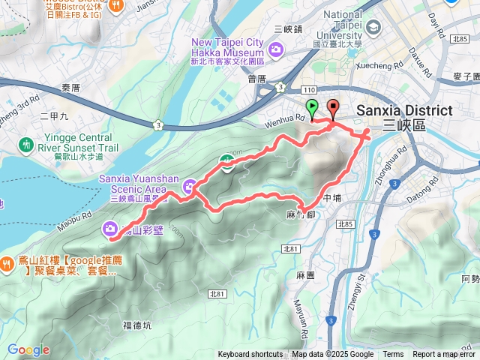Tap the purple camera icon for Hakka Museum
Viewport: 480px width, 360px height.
(x=277, y=50)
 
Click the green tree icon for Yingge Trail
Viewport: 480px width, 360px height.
(x=28, y=144)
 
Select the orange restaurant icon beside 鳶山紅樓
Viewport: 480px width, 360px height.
(x=6, y=263)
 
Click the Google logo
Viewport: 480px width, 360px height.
(x=28, y=349)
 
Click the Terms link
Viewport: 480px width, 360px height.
(x=393, y=355)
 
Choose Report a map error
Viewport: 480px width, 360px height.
(x=444, y=355)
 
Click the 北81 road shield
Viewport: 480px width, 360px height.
(x=291, y=249)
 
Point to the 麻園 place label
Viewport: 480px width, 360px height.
(x=305, y=276)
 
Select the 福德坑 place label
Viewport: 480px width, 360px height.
(x=136, y=325)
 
